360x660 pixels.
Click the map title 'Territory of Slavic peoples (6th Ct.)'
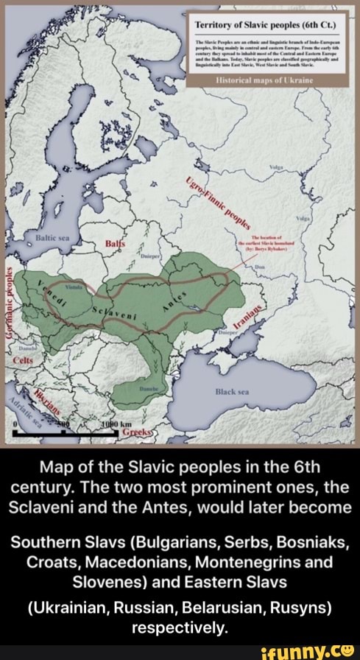(266, 21)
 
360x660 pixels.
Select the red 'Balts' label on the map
(116, 244)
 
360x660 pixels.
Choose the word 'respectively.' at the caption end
(180, 628)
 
